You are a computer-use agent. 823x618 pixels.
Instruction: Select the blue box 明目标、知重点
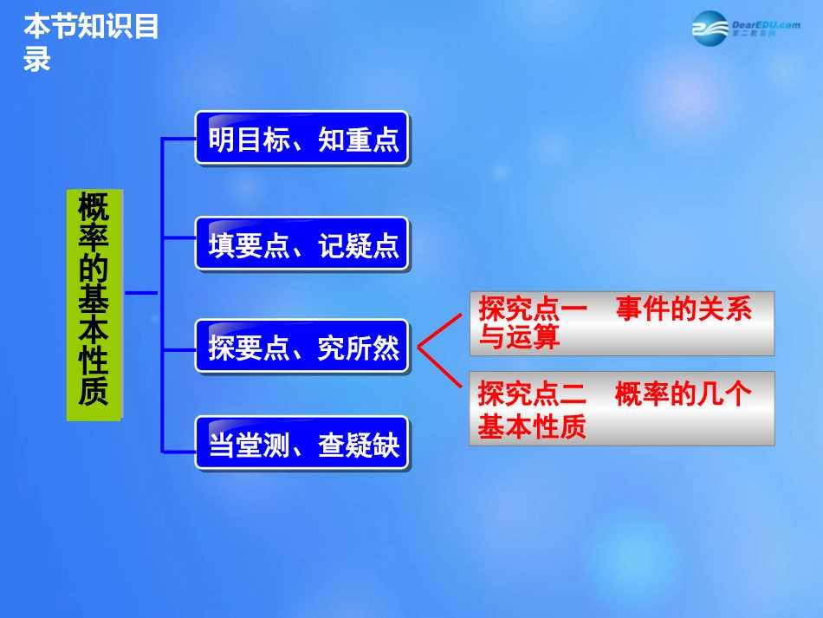click(301, 139)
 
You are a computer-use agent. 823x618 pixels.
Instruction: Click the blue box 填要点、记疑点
click(301, 244)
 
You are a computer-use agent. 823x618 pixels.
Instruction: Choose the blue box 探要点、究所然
click(301, 348)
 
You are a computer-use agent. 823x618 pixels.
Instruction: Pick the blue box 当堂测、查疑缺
click(301, 444)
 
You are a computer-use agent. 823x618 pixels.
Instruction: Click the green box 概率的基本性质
click(94, 305)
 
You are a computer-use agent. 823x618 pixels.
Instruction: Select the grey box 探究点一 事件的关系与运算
click(621, 323)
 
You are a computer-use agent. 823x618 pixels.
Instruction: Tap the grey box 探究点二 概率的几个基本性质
click(621, 408)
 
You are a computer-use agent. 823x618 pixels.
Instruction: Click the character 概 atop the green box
click(94, 209)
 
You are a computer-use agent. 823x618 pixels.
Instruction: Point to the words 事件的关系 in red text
click(684, 309)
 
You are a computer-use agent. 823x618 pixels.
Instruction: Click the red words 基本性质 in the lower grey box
click(532, 426)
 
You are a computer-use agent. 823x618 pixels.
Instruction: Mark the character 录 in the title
click(37, 59)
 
